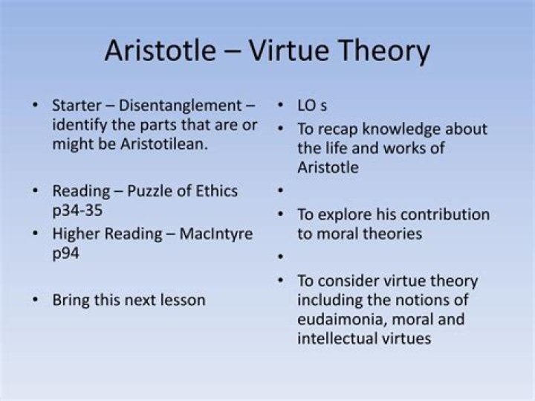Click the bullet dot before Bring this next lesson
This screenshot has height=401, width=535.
coord(36,301)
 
